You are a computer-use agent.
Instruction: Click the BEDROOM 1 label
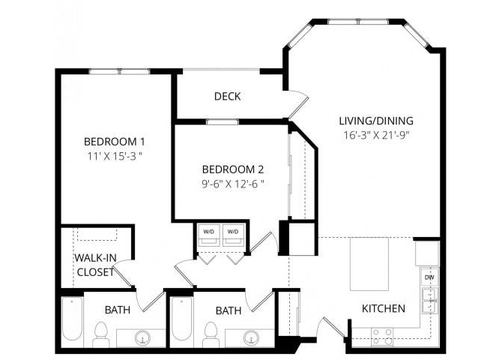(x=114, y=141)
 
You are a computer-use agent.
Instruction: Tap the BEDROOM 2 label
(x=232, y=169)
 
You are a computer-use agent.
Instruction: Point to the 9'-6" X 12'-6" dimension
(x=232, y=184)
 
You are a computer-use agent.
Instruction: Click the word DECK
(x=227, y=97)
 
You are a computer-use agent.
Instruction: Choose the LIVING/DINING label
(x=376, y=120)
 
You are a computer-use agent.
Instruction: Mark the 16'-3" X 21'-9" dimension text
(x=376, y=136)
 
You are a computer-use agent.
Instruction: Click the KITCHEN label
(x=384, y=308)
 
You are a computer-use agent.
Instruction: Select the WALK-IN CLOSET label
(x=95, y=265)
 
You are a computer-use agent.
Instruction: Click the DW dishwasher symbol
(x=429, y=277)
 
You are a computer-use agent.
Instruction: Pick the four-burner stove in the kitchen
(x=382, y=336)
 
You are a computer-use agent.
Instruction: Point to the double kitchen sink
(x=429, y=301)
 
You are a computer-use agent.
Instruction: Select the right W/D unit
(x=233, y=235)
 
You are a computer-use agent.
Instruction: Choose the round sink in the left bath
(x=142, y=339)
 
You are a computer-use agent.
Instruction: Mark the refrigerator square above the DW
(x=427, y=253)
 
